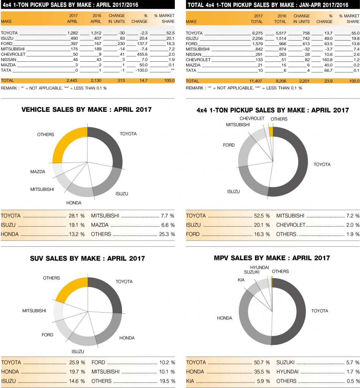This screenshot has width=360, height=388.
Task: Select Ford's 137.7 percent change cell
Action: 140,44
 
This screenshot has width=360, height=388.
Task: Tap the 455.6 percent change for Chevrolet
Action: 140,54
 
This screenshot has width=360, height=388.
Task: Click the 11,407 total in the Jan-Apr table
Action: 256,81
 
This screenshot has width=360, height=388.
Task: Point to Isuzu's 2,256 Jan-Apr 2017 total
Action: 257,38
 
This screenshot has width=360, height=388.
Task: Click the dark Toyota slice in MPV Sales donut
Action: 296,311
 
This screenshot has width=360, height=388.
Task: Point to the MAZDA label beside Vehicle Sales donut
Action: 38,172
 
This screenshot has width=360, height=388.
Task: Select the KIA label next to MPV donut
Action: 241,280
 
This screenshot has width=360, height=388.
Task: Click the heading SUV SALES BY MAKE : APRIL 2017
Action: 88,259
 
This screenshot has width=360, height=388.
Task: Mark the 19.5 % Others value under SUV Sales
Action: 167,381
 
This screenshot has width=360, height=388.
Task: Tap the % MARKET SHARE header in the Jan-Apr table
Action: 349,19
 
